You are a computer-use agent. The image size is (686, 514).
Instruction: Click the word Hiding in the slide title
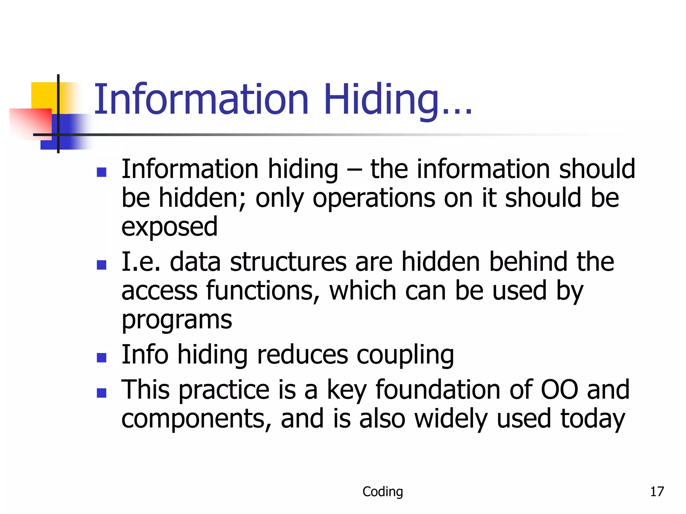tap(381, 99)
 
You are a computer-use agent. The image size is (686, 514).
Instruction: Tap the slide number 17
tap(657, 492)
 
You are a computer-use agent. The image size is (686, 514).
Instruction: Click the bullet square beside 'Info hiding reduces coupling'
tap(101, 358)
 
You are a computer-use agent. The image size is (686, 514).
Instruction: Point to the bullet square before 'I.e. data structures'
tap(101, 265)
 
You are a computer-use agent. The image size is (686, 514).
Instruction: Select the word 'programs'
tap(177, 320)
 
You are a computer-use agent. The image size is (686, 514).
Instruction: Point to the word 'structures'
tap(288, 262)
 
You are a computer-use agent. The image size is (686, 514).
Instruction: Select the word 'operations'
tap(374, 198)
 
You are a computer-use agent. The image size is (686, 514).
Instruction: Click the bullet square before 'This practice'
tap(101, 393)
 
